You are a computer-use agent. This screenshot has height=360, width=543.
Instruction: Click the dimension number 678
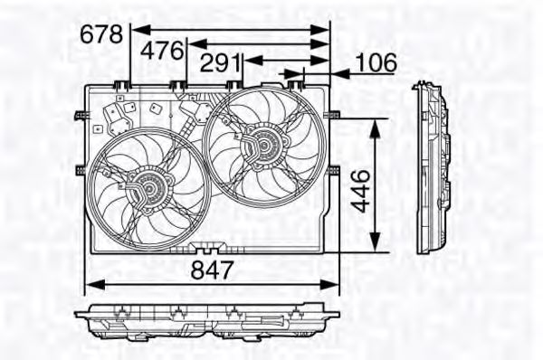[101, 34]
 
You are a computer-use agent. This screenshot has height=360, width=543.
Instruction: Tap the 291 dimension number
[222, 63]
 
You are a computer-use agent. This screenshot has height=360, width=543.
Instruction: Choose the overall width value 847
[213, 270]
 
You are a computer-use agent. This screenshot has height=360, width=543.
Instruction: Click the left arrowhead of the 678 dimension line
[138, 29]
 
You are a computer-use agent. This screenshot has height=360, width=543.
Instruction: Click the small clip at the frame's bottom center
[207, 247]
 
